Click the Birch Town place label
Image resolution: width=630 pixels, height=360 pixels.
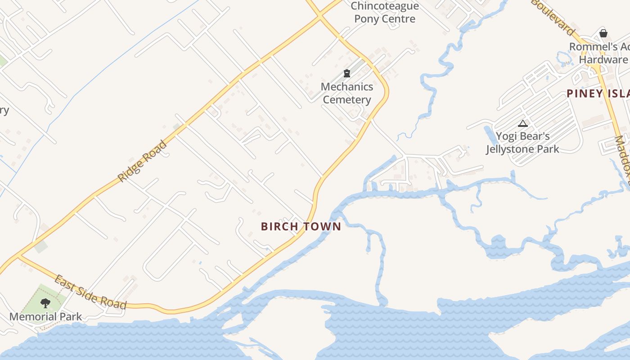(301, 226)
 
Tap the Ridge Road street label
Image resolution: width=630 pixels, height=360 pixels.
(142, 161)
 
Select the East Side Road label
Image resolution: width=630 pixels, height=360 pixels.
(90, 292)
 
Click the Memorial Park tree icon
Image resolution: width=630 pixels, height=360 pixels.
(45, 303)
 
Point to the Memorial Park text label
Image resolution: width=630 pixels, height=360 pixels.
(45, 317)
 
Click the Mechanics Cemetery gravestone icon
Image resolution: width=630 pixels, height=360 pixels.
(347, 73)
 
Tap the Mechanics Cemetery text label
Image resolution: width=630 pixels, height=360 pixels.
(347, 93)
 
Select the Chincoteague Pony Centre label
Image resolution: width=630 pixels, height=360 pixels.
(385, 13)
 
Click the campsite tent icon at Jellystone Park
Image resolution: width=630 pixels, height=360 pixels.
(522, 123)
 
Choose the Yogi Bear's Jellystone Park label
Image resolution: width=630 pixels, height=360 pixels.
(522, 143)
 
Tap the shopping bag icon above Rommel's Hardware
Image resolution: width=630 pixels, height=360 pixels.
(603, 33)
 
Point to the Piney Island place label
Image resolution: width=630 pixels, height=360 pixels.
(598, 94)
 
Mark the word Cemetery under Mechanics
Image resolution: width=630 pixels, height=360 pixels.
(347, 100)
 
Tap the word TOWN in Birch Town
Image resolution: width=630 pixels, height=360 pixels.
(323, 226)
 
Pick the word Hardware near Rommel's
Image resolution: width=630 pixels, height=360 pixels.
(603, 59)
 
